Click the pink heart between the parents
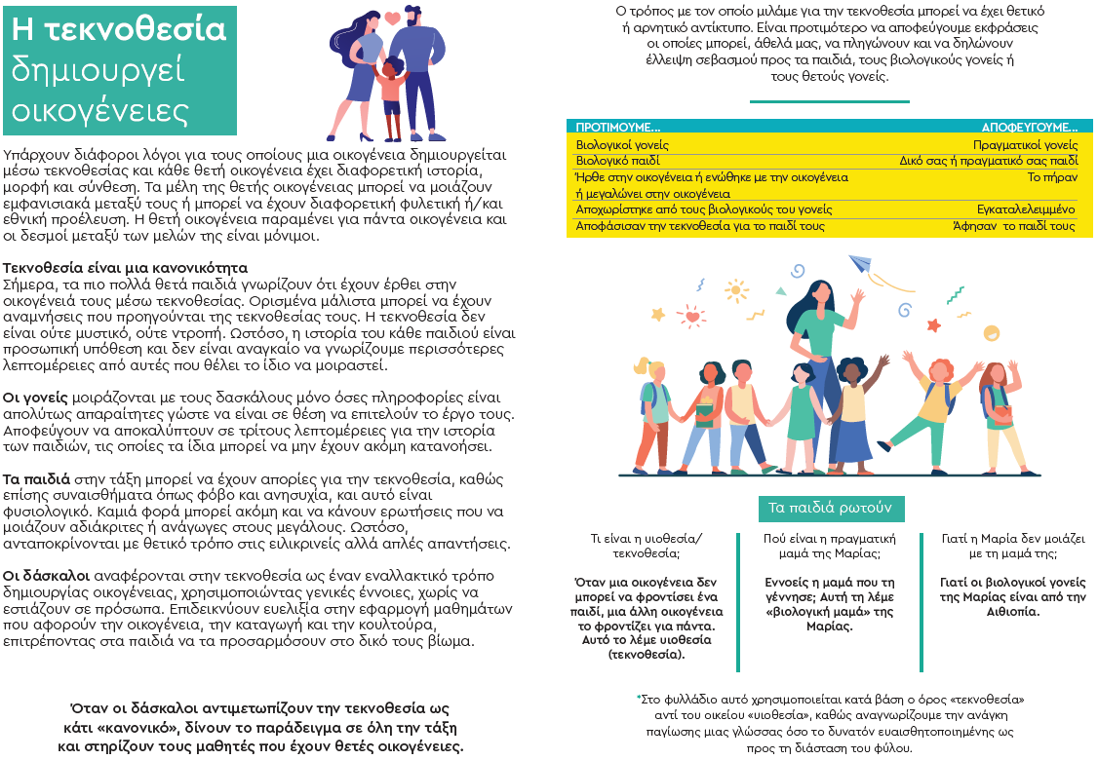(392, 19)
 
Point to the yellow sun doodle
(657, 314)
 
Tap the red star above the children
(933, 324)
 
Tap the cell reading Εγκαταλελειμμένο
(1026, 209)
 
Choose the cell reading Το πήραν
(1052, 177)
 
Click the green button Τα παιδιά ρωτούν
(831, 509)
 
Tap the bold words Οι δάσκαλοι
(46, 575)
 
